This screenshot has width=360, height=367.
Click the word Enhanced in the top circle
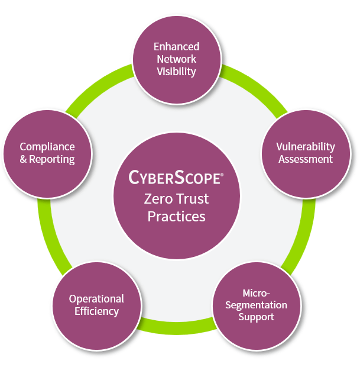click(x=176, y=46)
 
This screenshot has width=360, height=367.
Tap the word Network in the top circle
click(x=176, y=59)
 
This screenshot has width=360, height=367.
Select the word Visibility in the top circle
click(x=176, y=72)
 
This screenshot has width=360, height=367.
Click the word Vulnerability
click(x=306, y=146)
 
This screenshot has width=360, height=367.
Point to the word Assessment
click(x=306, y=159)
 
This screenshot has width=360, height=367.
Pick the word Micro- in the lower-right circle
click(x=256, y=293)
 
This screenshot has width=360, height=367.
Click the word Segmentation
click(x=256, y=305)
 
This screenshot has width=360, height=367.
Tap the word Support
click(x=256, y=317)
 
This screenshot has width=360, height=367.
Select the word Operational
click(x=96, y=298)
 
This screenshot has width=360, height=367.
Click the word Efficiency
click(x=96, y=311)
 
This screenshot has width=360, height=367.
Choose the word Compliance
click(x=47, y=146)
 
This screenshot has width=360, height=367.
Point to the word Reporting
click(x=53, y=159)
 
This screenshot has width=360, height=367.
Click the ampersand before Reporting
click(x=24, y=159)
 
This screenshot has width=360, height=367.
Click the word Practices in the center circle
click(x=176, y=216)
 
